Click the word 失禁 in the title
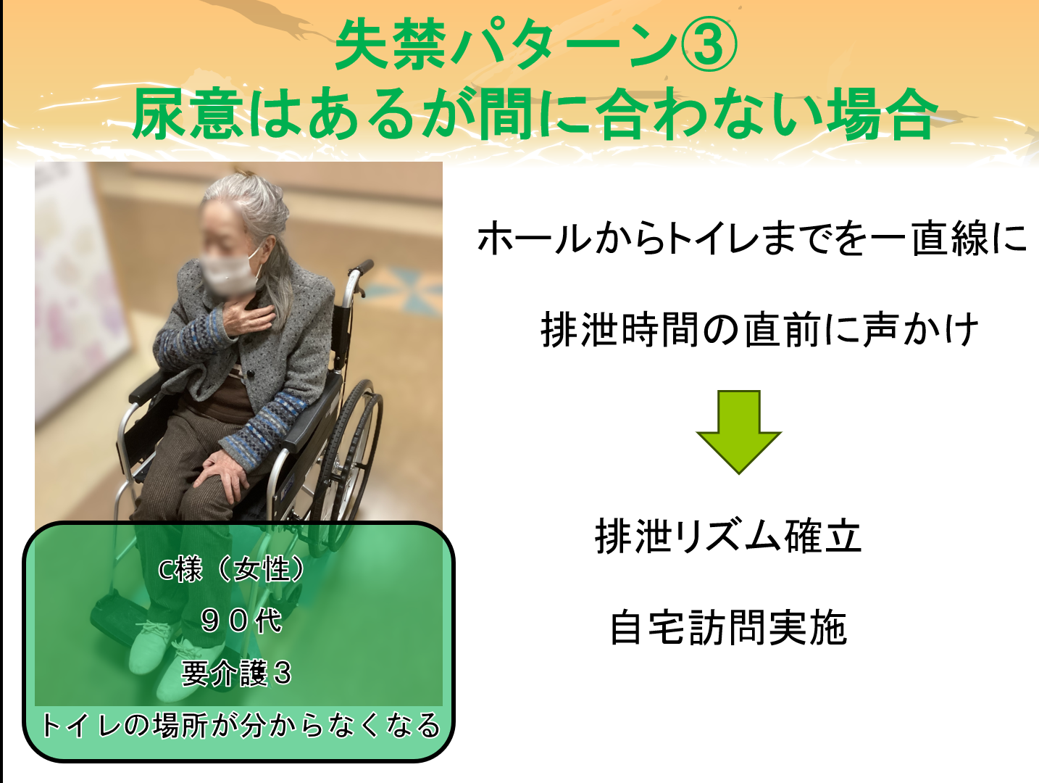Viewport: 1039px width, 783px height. pyautogui.click(x=390, y=46)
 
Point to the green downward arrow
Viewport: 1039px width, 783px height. pyautogui.click(x=738, y=431)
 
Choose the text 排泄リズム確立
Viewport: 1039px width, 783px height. pyautogui.click(x=728, y=536)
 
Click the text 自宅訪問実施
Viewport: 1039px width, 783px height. pyautogui.click(x=728, y=628)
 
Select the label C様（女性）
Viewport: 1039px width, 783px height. pyautogui.click(x=233, y=569)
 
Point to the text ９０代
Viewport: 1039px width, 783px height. pyautogui.click(x=241, y=620)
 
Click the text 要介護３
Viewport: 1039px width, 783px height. pyautogui.click(x=237, y=673)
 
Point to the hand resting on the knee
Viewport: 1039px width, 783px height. pyautogui.click(x=223, y=473)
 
